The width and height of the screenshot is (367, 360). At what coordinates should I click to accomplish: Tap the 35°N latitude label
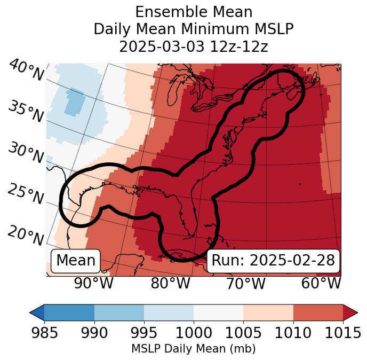26,112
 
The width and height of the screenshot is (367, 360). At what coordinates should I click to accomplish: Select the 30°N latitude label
26,154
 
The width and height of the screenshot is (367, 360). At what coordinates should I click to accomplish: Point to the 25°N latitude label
26,195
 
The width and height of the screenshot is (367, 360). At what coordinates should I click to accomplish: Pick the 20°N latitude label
26,236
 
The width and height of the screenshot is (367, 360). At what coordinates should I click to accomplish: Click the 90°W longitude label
94,283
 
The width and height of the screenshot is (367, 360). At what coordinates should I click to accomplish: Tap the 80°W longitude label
170,283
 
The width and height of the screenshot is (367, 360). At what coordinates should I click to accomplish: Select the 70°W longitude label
245,283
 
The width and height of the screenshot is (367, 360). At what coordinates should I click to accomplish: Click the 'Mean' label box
76,261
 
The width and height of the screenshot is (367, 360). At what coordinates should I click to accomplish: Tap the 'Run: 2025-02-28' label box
273,261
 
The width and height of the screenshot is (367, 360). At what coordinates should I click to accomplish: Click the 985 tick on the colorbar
44,333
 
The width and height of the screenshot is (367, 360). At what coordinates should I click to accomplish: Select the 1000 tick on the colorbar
194,333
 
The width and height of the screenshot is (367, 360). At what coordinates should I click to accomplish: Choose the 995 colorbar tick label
144,333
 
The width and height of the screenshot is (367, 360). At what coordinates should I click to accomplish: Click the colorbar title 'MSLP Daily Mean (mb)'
193,349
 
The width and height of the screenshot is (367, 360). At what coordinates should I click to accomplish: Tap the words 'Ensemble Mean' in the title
194,12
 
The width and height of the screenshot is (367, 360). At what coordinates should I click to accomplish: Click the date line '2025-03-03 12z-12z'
194,46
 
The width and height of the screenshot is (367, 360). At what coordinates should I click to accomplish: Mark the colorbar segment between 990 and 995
119,312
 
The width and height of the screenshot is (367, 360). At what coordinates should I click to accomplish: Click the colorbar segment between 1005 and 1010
268,312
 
